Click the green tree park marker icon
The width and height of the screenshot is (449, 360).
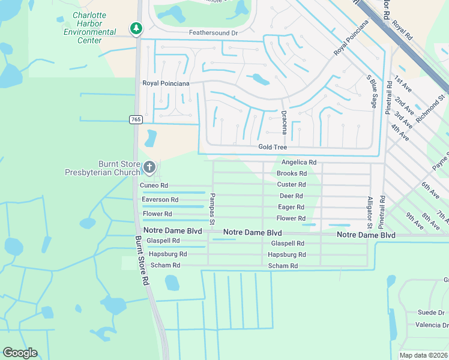click(x=137, y=28)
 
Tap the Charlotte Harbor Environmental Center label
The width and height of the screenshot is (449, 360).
click(x=90, y=28)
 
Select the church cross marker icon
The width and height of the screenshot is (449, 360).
click(x=149, y=167)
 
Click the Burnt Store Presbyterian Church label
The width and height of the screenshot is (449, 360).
click(x=102, y=168)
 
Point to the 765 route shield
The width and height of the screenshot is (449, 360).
click(x=136, y=120)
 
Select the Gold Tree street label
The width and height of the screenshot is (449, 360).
click(x=273, y=147)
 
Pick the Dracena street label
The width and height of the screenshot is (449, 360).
click(x=285, y=122)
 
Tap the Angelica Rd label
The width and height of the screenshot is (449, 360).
click(x=298, y=162)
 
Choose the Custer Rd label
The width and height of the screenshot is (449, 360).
click(x=291, y=185)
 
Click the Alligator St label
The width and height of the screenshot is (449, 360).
click(x=370, y=212)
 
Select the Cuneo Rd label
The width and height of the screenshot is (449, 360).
click(x=155, y=186)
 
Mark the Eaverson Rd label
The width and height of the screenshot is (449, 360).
click(x=160, y=199)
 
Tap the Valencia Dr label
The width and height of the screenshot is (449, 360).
click(x=431, y=325)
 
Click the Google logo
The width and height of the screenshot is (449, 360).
click(x=20, y=352)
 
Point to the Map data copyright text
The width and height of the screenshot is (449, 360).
click(x=423, y=355)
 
